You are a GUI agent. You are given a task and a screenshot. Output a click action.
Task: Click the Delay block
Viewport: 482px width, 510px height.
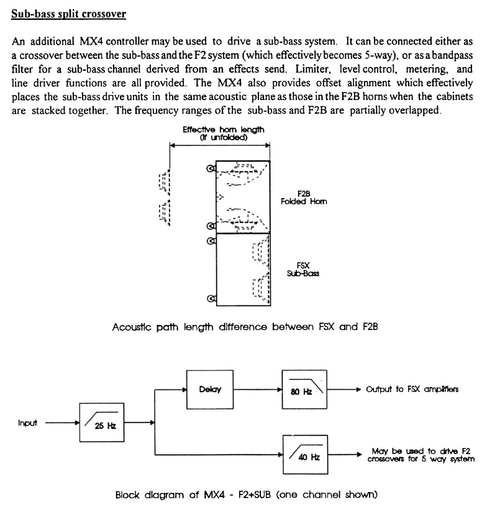pos(207,390)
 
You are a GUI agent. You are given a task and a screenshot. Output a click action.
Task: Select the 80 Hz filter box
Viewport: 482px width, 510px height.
pos(303,390)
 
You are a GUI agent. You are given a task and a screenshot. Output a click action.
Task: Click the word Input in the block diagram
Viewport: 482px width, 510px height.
pos(27,423)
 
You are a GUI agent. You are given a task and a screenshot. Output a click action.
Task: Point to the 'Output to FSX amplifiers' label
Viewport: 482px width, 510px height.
pos(412,390)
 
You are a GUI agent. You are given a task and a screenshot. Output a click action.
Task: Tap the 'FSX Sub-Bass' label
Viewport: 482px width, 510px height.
pos(303,269)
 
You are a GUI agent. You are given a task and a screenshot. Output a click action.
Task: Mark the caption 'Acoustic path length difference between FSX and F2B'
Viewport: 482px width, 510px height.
pos(245,327)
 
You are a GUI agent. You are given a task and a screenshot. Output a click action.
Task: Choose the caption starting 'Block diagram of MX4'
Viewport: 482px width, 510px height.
pos(246,495)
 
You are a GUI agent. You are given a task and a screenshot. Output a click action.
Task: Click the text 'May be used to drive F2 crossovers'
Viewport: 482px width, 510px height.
pos(421,455)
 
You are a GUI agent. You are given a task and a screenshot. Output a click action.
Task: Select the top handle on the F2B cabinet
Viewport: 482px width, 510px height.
pos(211,169)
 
